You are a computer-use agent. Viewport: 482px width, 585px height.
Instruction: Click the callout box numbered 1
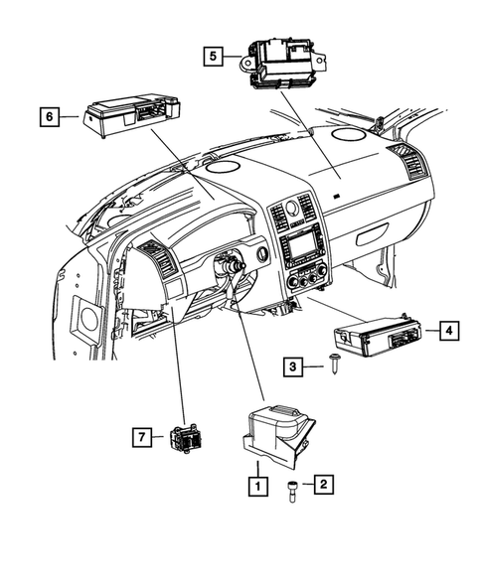[257, 486]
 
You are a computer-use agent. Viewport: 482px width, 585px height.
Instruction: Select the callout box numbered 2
[322, 485]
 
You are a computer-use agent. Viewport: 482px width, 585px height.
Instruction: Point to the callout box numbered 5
[216, 58]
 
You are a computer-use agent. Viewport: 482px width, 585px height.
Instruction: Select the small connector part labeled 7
[188, 438]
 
